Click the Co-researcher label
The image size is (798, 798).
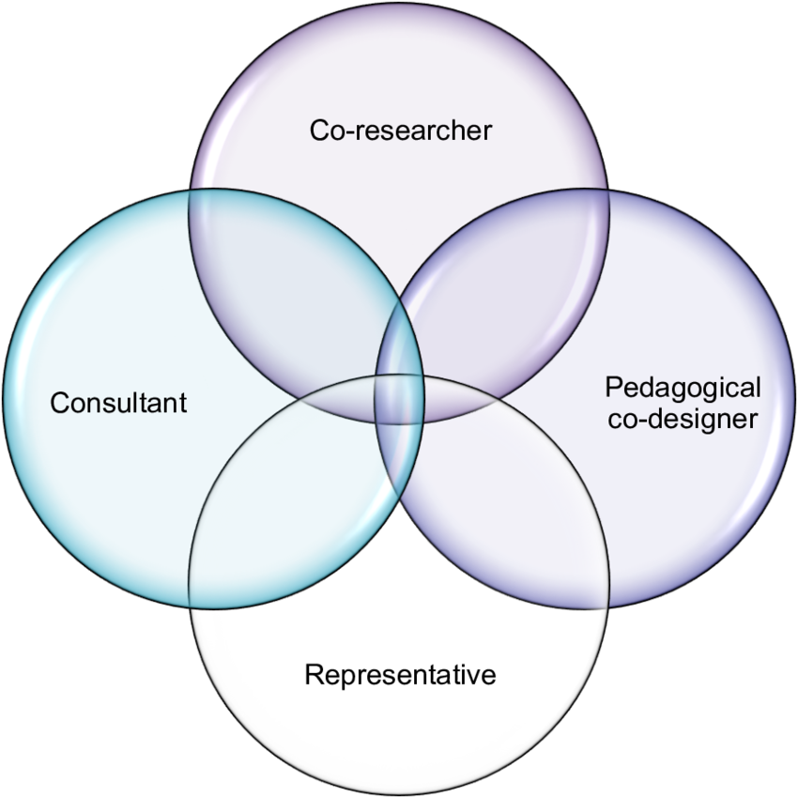pos(400,130)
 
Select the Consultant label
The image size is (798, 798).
pos(118,403)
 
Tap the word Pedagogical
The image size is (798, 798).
pos(683,388)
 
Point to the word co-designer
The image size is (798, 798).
pos(683,418)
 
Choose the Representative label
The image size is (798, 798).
pos(400,674)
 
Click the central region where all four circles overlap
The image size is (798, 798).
pos(399,399)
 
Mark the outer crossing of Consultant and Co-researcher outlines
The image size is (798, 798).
pos(192,192)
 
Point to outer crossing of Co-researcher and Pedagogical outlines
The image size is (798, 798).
pos(606,192)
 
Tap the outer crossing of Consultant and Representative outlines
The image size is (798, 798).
pos(192,606)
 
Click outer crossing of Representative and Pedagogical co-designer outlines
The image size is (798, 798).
pos(606,606)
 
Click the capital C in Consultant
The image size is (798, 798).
pos(59,403)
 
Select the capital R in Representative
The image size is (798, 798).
pos(314,674)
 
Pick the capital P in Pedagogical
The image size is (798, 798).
pos(614,388)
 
